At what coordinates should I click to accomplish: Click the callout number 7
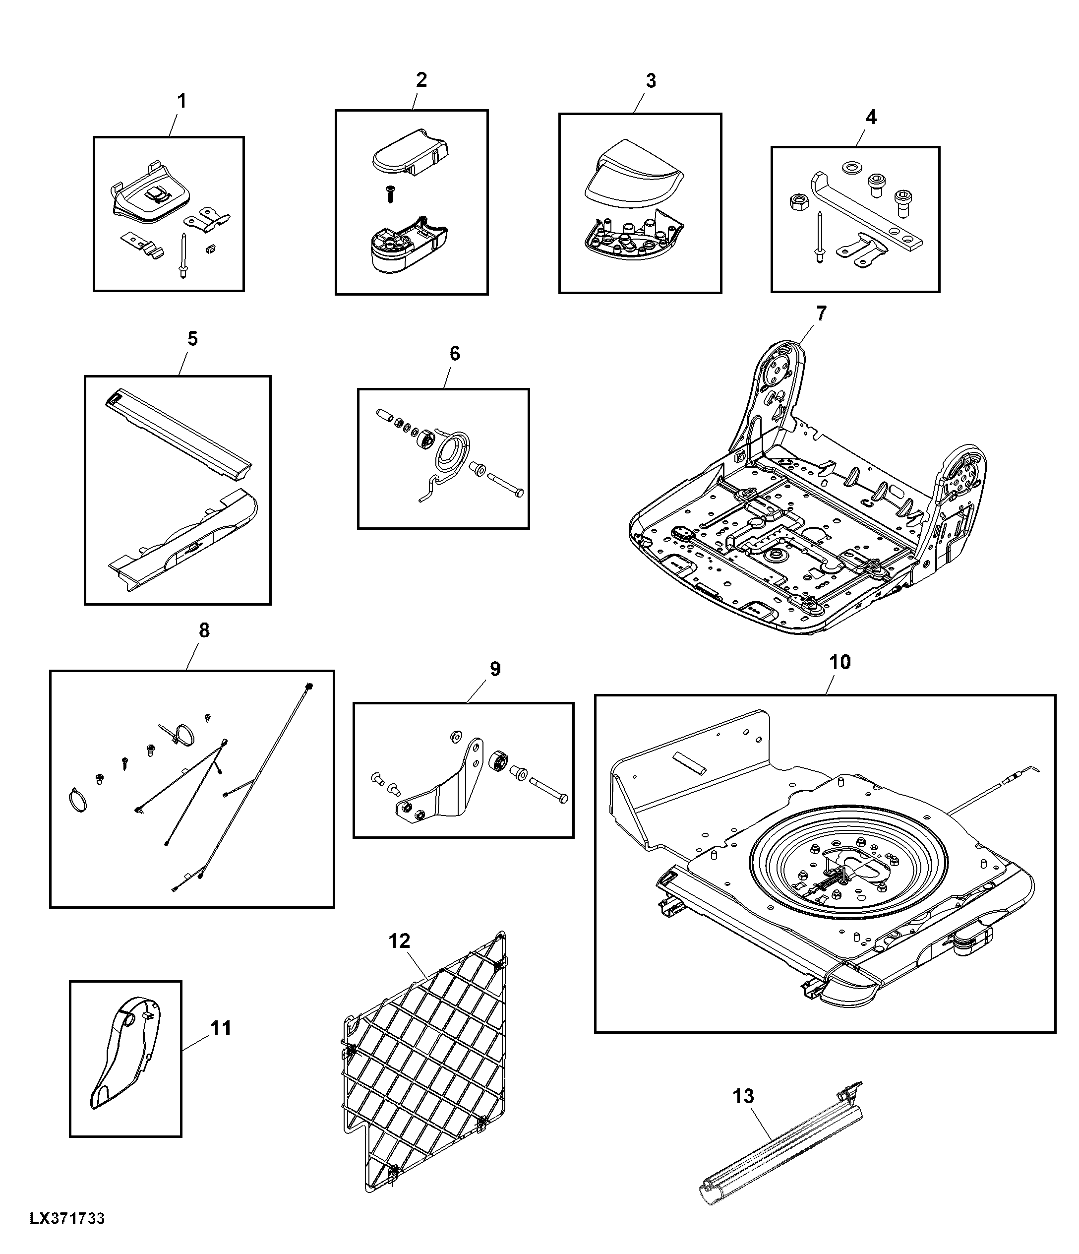coord(821,313)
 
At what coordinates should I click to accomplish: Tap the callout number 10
coord(840,662)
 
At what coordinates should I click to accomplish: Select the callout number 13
coord(743,1096)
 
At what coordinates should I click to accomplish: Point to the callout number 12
coord(399,941)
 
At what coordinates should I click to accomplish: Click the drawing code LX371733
coord(67,1218)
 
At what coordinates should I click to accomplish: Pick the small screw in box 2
coord(390,193)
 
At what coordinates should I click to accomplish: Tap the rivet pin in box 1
coord(182,255)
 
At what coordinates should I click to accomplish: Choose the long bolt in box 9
coord(549,790)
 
